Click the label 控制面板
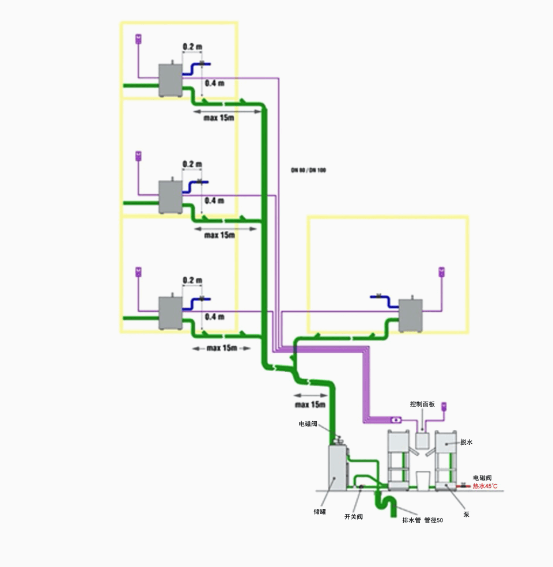click(x=422, y=404)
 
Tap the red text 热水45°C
click(x=485, y=486)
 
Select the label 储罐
click(x=320, y=511)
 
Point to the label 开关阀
click(x=354, y=517)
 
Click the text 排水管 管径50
click(x=423, y=520)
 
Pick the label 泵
click(x=466, y=514)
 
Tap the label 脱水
click(x=466, y=443)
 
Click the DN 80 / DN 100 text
click(x=308, y=170)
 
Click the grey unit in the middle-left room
click(x=171, y=197)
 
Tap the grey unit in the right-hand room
click(x=410, y=315)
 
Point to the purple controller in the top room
click(x=138, y=39)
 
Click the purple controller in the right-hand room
click(x=442, y=271)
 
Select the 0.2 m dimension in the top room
click(x=192, y=46)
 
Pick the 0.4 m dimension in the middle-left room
click(x=214, y=201)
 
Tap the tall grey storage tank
click(x=338, y=467)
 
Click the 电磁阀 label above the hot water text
click(x=482, y=478)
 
